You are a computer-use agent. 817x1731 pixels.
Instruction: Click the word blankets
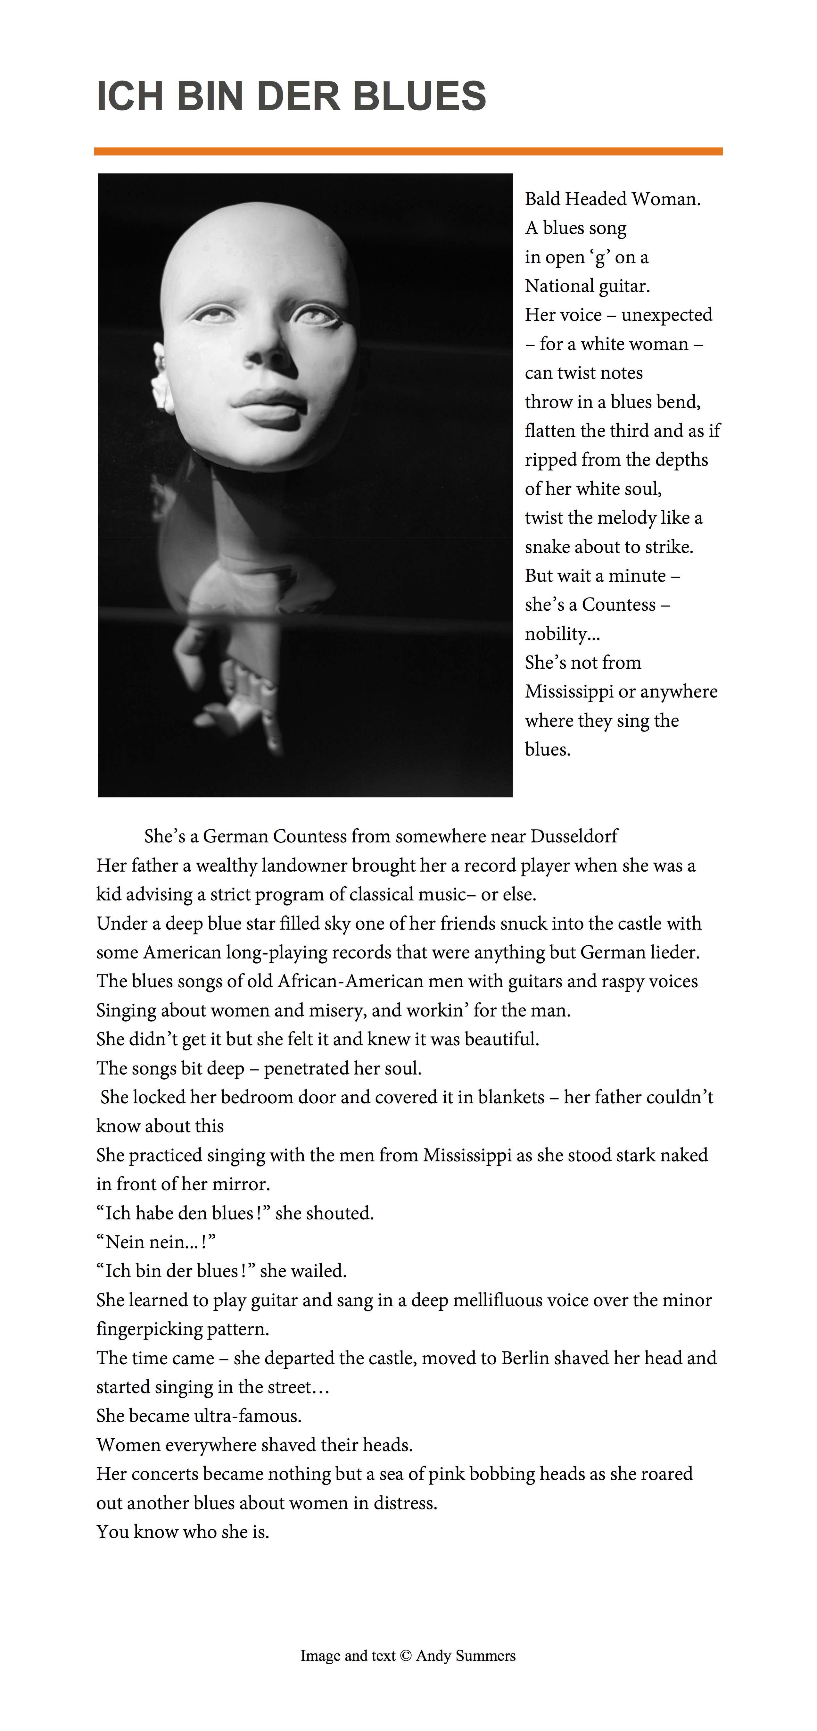[x=511, y=1097]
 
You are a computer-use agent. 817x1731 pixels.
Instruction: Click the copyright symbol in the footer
[x=406, y=1656]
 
